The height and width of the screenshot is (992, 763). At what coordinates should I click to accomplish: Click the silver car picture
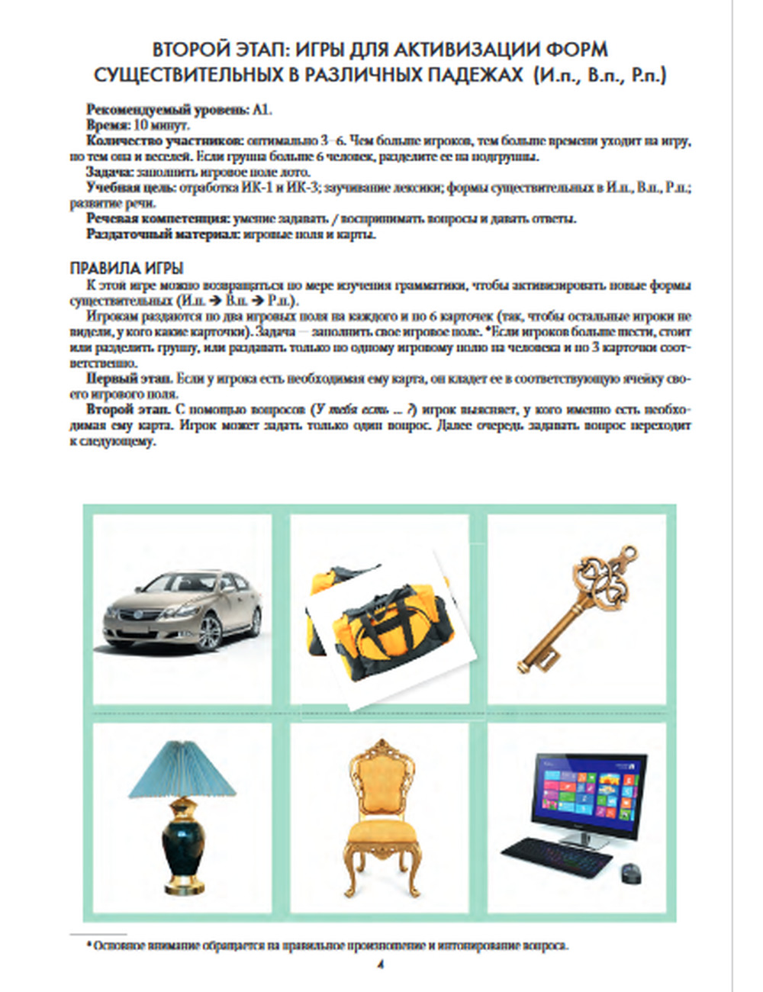click(x=182, y=610)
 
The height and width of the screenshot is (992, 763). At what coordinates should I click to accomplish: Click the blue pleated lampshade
click(x=180, y=771)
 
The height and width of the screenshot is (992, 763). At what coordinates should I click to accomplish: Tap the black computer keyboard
click(x=556, y=854)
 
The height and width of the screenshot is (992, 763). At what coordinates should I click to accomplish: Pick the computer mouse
click(x=630, y=871)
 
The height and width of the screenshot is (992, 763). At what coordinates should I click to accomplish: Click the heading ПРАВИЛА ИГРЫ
click(x=127, y=269)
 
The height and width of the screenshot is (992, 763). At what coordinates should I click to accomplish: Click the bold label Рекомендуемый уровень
click(x=167, y=109)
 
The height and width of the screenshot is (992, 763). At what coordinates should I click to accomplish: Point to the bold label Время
click(x=107, y=125)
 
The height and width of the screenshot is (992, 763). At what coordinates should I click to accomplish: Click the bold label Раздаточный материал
click(x=163, y=234)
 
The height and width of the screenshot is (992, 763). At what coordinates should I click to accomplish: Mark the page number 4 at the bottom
click(x=379, y=965)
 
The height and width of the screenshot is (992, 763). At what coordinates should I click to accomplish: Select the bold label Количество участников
click(x=165, y=141)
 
